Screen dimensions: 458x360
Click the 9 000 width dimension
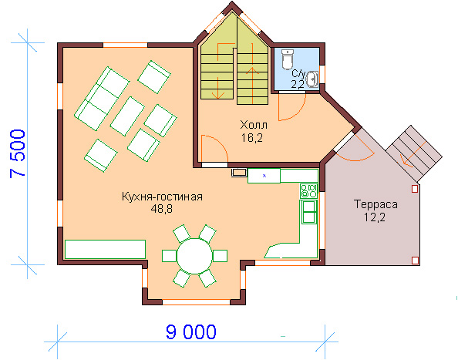(191, 331)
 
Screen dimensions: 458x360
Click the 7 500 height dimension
(18, 153)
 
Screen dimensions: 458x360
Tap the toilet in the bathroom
(288, 59)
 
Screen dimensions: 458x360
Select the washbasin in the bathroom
(312, 79)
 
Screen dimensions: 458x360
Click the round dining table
(194, 256)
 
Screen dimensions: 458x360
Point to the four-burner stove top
(308, 190)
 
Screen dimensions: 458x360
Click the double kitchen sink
(309, 212)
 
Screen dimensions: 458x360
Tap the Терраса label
(375, 204)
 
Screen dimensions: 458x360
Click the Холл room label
(254, 125)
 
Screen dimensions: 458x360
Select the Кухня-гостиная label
(162, 197)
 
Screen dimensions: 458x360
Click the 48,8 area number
(161, 209)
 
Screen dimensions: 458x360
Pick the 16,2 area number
(252, 138)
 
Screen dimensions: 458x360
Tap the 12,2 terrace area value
(375, 217)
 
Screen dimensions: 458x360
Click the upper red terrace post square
(415, 189)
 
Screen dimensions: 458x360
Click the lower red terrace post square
(415, 261)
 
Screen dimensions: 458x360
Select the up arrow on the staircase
(252, 85)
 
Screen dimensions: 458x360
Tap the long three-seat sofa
(102, 99)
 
